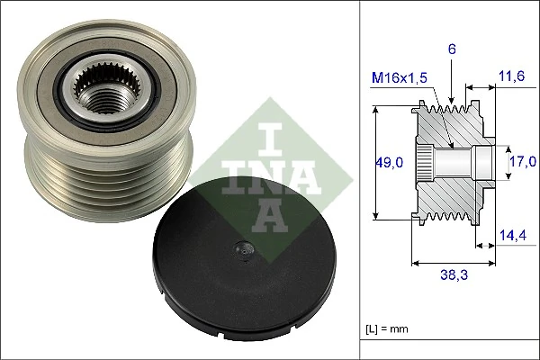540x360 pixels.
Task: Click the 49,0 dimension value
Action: click(388, 163)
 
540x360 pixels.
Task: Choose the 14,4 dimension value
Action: click(510, 236)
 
